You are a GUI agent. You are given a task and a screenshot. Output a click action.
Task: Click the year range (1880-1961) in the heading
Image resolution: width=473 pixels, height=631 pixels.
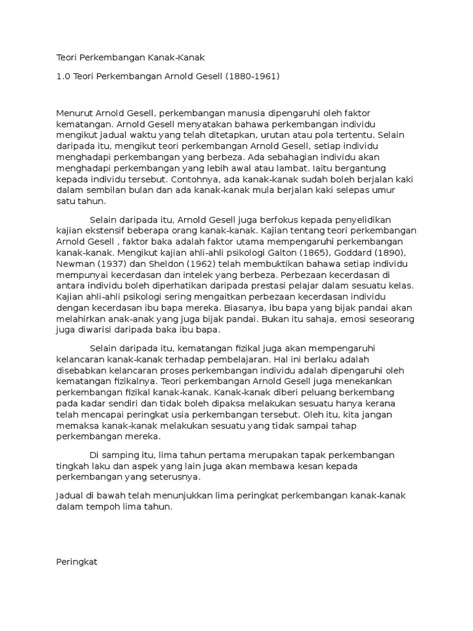tap(252, 76)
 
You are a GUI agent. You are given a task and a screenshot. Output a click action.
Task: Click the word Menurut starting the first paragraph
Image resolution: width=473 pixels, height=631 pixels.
tap(75, 112)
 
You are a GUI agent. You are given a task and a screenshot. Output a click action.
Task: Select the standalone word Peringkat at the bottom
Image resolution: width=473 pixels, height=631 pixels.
tap(77, 545)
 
